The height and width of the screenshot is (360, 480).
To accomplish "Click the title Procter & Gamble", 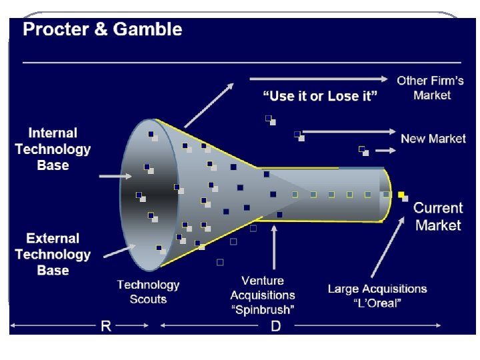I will click(102, 30).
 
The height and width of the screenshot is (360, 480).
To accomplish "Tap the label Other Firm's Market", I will click(431, 88).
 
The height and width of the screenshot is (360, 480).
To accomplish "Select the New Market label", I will click(433, 139).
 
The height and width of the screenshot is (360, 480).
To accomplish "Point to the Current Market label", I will click(437, 217).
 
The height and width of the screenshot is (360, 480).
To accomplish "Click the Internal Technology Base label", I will click(53, 149).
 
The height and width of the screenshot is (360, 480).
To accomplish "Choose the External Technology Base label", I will click(53, 254).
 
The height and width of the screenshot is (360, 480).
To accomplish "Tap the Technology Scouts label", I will click(148, 292).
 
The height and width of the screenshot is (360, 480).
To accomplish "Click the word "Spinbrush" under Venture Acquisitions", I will click(263, 309).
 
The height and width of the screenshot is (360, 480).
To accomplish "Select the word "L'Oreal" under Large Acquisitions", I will click(377, 303).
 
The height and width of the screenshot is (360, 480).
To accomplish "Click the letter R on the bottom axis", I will click(105, 326).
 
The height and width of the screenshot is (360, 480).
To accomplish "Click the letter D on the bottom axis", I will click(275, 326).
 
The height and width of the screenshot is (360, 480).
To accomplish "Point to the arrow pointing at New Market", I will click(349, 132).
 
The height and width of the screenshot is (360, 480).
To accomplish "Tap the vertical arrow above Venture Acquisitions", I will click(273, 247).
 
